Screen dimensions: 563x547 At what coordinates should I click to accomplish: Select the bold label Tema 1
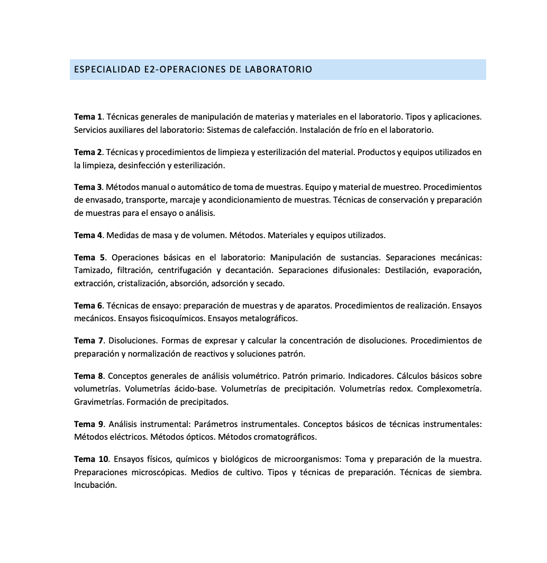point(88,117)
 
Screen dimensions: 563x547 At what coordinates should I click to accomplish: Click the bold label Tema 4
point(88,235)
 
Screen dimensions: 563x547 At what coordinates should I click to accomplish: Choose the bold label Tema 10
point(91,459)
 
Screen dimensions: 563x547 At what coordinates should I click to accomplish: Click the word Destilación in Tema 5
point(405,270)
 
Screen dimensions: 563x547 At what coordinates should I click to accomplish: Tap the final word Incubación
point(95,485)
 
